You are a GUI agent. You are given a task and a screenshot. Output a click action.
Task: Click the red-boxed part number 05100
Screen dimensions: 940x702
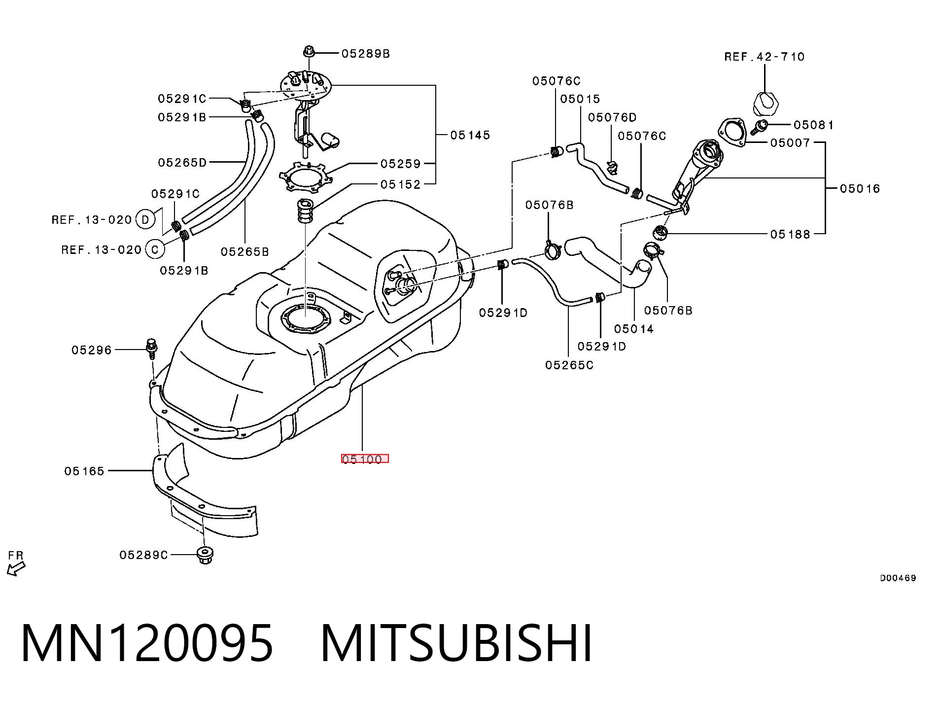click(365, 459)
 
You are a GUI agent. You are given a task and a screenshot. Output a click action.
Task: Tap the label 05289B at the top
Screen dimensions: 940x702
click(366, 53)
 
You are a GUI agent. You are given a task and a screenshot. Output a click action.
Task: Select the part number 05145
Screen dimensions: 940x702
click(470, 135)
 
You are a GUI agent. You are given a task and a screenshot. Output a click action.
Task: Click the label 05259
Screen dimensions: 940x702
click(400, 163)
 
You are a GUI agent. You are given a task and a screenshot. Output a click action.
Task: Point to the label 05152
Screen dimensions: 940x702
click(400, 184)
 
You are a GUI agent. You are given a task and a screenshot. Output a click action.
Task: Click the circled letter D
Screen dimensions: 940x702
click(145, 219)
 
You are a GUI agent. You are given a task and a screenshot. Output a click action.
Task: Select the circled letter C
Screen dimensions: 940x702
click(155, 249)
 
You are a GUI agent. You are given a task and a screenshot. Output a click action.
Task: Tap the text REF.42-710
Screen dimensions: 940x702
click(764, 57)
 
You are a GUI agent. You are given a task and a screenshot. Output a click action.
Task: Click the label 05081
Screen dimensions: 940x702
click(813, 125)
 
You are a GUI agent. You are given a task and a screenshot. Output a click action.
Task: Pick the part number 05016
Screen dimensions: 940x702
click(860, 188)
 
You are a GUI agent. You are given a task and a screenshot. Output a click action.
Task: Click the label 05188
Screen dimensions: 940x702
click(790, 234)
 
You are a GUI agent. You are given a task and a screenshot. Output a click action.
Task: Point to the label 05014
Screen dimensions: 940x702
click(634, 329)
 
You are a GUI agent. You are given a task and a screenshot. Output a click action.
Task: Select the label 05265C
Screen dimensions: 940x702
click(569, 365)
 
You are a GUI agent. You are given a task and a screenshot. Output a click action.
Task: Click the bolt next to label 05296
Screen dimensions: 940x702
click(152, 348)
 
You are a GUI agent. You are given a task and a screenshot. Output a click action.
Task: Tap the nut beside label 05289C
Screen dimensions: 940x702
click(205, 555)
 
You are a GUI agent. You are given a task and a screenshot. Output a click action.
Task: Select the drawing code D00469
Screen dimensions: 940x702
click(898, 578)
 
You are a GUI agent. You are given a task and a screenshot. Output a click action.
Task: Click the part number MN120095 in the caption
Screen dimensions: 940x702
click(147, 643)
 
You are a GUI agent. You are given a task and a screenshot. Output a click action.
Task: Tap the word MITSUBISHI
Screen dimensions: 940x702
click(456, 643)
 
